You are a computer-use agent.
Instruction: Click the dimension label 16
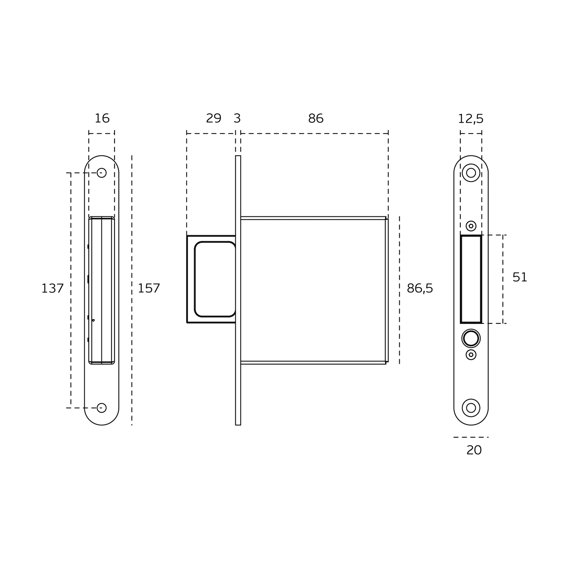102,119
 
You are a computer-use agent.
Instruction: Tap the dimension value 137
52,288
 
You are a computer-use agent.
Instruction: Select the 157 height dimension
149,288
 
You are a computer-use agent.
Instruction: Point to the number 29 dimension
214,119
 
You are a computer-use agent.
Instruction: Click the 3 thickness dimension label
237,119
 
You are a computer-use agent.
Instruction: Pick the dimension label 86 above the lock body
316,119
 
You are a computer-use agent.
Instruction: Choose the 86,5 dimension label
420,288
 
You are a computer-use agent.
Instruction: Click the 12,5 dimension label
471,119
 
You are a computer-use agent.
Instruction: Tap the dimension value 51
520,277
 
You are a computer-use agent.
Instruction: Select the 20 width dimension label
474,450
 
